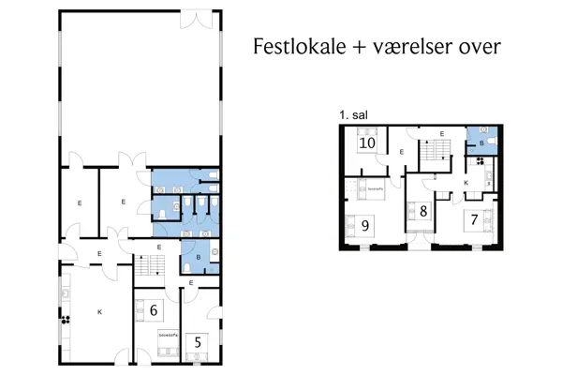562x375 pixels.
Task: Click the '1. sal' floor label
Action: click(x=354, y=114)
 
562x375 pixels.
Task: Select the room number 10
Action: click(x=367, y=143)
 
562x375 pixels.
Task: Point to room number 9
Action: click(x=363, y=225)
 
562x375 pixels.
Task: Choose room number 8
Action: click(x=423, y=212)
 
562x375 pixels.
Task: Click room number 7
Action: click(x=475, y=221)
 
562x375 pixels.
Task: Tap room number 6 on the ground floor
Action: click(x=154, y=308)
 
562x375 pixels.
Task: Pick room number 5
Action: click(x=198, y=342)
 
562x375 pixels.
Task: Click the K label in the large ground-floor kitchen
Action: click(x=98, y=311)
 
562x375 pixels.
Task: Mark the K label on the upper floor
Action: click(x=466, y=182)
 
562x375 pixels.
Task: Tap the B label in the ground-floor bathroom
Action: click(x=199, y=256)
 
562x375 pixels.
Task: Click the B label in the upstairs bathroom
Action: click(x=481, y=144)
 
